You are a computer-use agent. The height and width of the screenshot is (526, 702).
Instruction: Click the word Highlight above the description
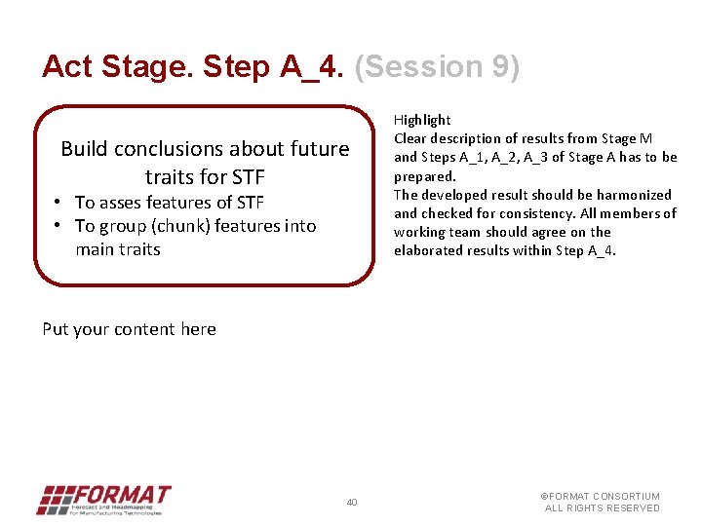click(x=422, y=120)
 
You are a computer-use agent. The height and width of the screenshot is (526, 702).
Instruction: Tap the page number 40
click(x=352, y=503)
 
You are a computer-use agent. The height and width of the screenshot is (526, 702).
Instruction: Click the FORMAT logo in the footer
click(x=103, y=500)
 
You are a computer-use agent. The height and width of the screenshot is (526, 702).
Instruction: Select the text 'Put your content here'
click(x=129, y=329)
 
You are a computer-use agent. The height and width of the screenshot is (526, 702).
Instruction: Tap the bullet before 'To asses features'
click(x=58, y=203)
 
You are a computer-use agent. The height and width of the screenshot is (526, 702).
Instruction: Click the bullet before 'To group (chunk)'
click(x=58, y=226)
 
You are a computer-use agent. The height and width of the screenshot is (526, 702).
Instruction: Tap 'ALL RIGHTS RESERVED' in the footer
click(x=602, y=508)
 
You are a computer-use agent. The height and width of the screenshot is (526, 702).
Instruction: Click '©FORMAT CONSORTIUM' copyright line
click(x=601, y=497)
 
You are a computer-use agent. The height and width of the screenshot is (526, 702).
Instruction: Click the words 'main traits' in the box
click(x=117, y=249)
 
